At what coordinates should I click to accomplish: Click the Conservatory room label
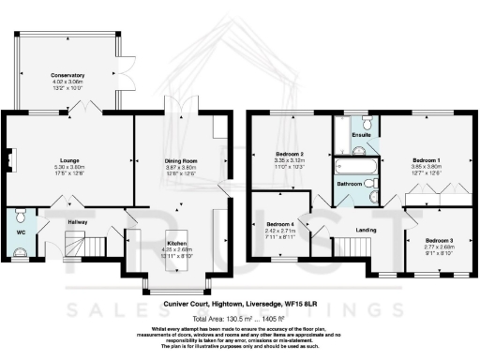pyautogui.click(x=67, y=74)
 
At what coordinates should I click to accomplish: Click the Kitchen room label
pyautogui.click(x=177, y=243)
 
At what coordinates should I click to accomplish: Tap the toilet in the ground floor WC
pyautogui.click(x=20, y=249)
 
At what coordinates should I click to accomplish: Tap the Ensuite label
pyautogui.click(x=361, y=135)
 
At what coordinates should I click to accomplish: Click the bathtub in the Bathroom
pyautogui.click(x=357, y=164)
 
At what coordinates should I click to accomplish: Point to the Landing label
pyautogui.click(x=367, y=228)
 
